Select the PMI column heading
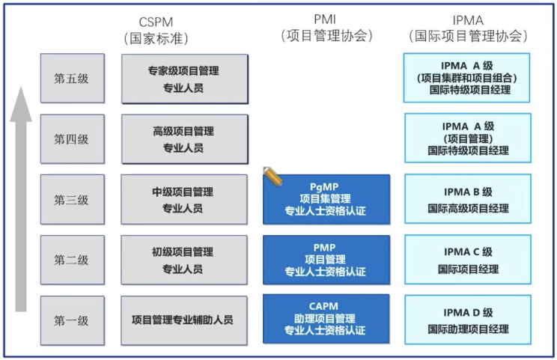(x=326, y=19)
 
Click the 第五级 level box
(x=71, y=78)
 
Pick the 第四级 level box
(x=71, y=138)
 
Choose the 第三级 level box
(x=71, y=200)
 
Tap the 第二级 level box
(x=71, y=260)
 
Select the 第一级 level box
(x=71, y=320)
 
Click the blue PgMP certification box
(x=326, y=199)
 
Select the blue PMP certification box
(x=326, y=260)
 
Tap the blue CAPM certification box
(x=326, y=319)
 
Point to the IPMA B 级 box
(x=468, y=200)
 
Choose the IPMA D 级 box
(x=468, y=320)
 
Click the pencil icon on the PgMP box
(x=273, y=177)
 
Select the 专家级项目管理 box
(x=184, y=79)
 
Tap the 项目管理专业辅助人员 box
(x=184, y=320)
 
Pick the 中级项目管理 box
(x=184, y=200)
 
